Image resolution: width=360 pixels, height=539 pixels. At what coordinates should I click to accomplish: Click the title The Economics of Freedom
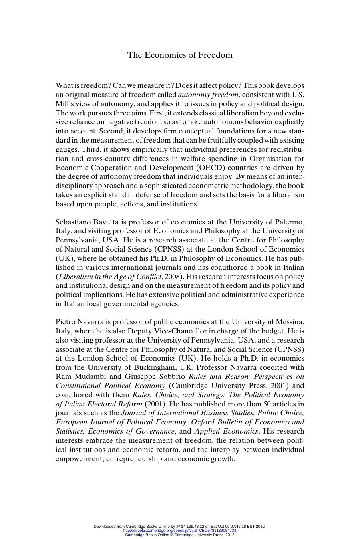tap(180, 55)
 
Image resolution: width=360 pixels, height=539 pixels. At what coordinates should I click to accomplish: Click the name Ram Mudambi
tap(81, 377)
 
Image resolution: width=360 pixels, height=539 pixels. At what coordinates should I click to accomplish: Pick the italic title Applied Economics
tap(226, 431)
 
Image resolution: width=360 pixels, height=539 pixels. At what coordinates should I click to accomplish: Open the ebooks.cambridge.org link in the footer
tap(180, 531)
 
